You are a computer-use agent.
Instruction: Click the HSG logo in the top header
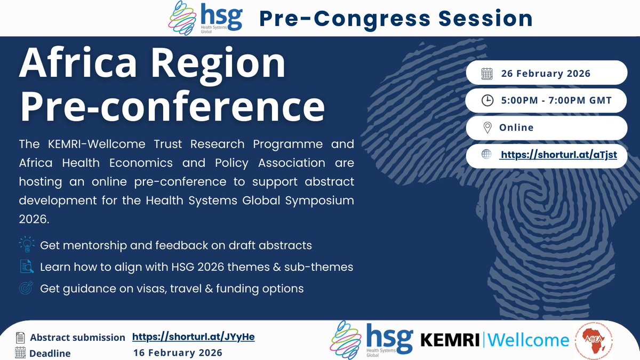(205, 18)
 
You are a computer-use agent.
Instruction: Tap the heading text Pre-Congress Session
(396, 19)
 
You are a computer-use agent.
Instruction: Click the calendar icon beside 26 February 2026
(486, 74)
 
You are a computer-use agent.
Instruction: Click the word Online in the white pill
(516, 128)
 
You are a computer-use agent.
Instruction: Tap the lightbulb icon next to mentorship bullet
(26, 245)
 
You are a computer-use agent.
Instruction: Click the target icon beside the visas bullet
(26, 289)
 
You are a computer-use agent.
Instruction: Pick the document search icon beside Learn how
(26, 267)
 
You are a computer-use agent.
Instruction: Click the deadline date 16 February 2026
(178, 353)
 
